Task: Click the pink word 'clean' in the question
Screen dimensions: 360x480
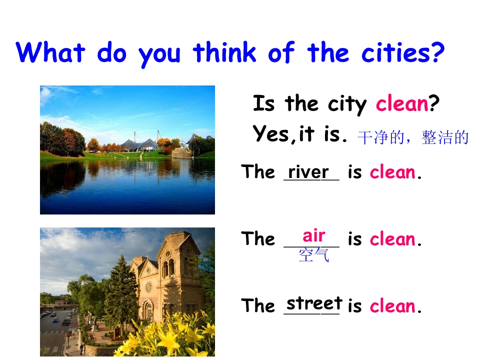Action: pyautogui.click(x=402, y=104)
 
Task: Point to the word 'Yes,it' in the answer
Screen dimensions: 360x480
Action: pyautogui.click(x=284, y=134)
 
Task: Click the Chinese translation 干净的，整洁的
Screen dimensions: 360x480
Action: pyautogui.click(x=413, y=137)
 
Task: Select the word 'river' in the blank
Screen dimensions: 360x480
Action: pyautogui.click(x=308, y=172)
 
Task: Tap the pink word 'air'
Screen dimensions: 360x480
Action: pyautogui.click(x=314, y=235)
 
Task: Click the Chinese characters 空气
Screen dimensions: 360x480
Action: pyautogui.click(x=314, y=255)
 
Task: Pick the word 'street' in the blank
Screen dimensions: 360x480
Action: pyautogui.click(x=314, y=303)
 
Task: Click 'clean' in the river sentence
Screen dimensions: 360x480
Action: pyautogui.click(x=393, y=172)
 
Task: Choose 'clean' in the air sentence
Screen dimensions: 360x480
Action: pyautogui.click(x=393, y=239)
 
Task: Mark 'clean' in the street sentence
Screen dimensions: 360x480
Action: pyautogui.click(x=393, y=306)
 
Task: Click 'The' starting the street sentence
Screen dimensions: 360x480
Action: pyautogui.click(x=258, y=305)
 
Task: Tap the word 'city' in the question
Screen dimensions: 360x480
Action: pyautogui.click(x=348, y=104)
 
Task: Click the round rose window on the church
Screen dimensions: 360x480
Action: pyautogui.click(x=148, y=287)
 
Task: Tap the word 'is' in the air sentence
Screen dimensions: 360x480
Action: pyautogui.click(x=354, y=239)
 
